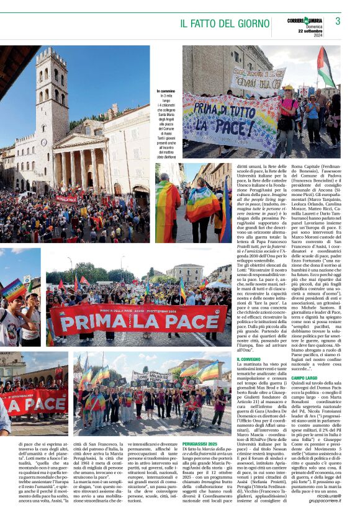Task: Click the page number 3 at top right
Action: [x=338, y=21]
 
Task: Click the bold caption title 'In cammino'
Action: [x=166, y=92]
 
